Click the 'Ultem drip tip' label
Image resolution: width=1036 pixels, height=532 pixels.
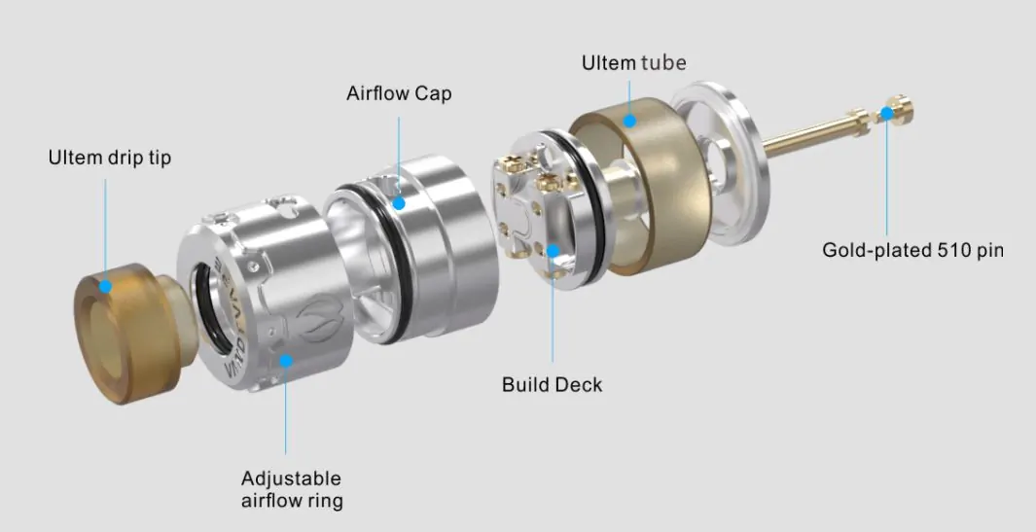tap(110, 158)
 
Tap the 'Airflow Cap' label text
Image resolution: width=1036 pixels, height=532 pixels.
tap(399, 93)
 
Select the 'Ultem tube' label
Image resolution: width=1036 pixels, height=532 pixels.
tap(633, 63)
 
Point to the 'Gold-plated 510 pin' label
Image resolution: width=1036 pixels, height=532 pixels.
tap(912, 251)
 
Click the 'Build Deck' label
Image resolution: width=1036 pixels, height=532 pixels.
tap(552, 384)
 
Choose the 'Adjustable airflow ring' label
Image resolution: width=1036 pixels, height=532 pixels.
tap(292, 489)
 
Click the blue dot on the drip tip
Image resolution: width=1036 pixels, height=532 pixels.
tap(105, 286)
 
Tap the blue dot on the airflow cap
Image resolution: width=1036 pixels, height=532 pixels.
tap(399, 203)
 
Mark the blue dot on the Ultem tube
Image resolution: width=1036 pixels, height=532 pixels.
tap(629, 121)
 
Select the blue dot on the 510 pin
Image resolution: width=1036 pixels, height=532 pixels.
tap(886, 114)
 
